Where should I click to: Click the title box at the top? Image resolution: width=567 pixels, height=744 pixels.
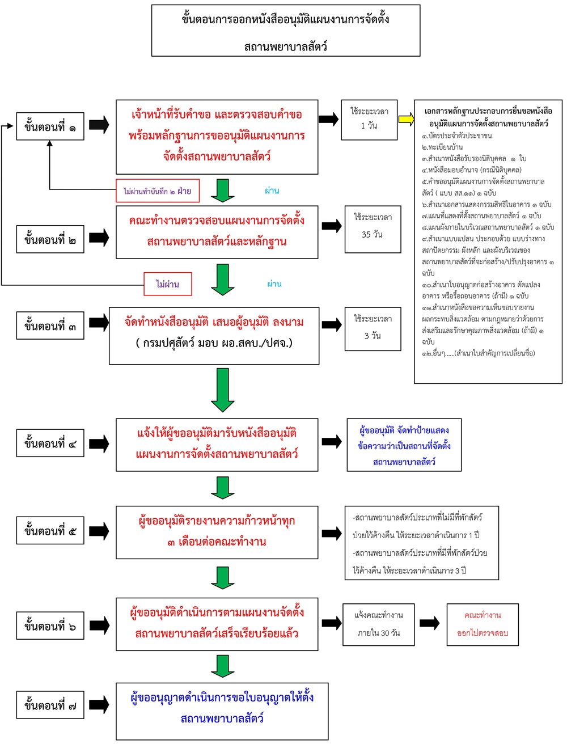[286, 31]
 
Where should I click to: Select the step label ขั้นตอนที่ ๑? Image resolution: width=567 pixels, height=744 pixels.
[50, 126]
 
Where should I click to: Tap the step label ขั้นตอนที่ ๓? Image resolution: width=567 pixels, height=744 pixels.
[50, 325]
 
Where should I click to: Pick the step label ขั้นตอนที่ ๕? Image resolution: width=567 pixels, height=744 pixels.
[50, 531]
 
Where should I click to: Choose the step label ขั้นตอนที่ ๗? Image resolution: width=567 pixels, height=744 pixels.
[50, 705]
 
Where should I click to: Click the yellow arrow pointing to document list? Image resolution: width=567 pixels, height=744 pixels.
[406, 119]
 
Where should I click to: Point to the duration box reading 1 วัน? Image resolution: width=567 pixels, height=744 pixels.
[369, 119]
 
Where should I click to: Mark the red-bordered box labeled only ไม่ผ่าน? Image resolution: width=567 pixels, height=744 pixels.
[168, 284]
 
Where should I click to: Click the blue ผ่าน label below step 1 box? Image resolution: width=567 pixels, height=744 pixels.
[272, 191]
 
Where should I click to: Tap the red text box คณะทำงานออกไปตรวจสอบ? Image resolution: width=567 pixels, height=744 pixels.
[483, 624]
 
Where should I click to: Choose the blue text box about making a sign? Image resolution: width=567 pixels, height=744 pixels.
[405, 446]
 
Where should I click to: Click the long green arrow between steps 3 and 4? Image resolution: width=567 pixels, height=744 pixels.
[222, 390]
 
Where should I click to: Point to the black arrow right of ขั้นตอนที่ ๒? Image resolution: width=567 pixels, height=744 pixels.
[99, 238]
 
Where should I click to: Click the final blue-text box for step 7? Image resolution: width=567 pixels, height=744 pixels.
[222, 711]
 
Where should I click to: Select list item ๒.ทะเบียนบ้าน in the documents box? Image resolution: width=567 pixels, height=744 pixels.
[442, 147]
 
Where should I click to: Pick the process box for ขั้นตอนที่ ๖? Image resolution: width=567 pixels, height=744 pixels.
[217, 624]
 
